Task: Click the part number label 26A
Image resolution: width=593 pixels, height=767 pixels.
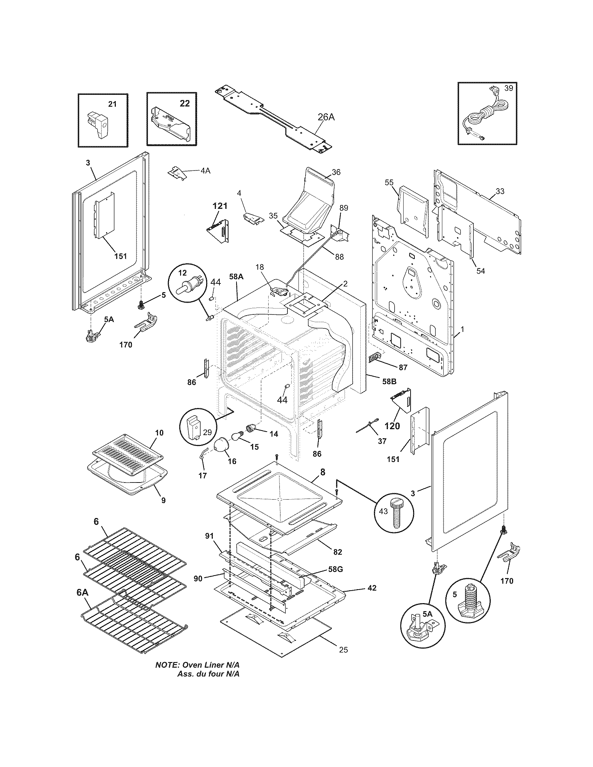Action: click(x=326, y=117)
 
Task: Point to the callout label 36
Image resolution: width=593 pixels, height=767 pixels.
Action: click(x=336, y=172)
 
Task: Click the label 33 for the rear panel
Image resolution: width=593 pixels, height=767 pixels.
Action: click(x=500, y=191)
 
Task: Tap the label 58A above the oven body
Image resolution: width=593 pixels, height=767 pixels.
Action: click(x=236, y=276)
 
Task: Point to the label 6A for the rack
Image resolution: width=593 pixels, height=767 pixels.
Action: click(x=83, y=592)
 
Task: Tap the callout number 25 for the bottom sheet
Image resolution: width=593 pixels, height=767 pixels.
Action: click(x=344, y=650)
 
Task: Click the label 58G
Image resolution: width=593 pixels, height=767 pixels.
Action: click(x=335, y=569)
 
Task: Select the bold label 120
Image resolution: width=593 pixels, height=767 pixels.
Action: click(x=392, y=426)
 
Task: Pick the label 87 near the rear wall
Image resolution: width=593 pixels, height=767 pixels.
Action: click(x=403, y=367)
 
